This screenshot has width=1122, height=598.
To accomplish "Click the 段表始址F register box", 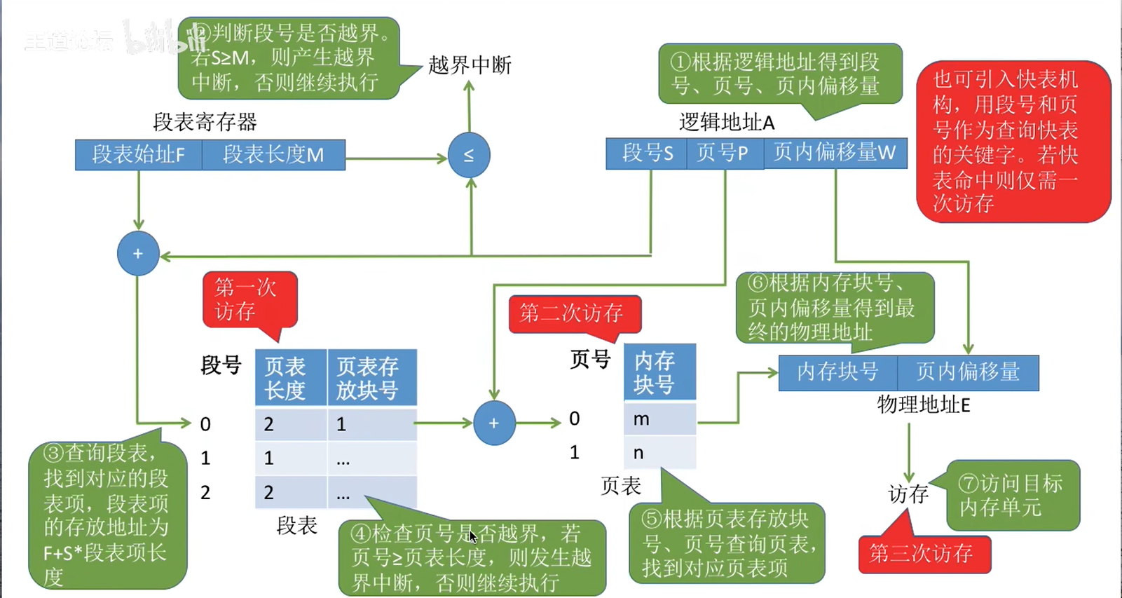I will point(138,154).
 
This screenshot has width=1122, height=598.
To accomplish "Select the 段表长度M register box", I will point(273,154).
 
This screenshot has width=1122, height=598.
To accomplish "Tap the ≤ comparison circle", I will point(469,155).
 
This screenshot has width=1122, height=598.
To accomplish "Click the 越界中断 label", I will point(470,65).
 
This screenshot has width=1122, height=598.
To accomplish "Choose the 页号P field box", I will point(724,153).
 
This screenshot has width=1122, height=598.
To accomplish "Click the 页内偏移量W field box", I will point(835,153).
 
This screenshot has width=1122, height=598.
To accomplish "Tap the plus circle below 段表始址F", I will point(138,253).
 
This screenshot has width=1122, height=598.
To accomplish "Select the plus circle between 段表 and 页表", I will point(494,423).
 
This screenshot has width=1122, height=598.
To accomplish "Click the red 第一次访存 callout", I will point(249,299).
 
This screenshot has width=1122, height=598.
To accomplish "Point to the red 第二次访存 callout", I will point(574,313).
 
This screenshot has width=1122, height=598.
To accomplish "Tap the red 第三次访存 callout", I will point(924,554).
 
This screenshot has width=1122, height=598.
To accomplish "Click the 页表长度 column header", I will point(290,379).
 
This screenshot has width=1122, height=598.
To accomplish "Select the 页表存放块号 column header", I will point(371,379).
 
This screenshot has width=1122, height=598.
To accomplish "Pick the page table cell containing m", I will point(659,419).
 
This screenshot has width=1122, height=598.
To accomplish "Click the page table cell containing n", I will point(659,453).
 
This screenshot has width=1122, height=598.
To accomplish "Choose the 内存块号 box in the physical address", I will point(837,372).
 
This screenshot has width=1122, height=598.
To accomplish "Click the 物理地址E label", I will point(923,405).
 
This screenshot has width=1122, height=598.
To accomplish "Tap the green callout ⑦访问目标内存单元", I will point(1012,495).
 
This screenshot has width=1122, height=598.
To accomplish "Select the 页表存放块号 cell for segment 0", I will point(371,424).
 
